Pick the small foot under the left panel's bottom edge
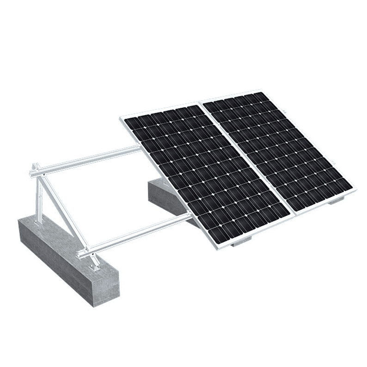pyautogui.click(x=240, y=243)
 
